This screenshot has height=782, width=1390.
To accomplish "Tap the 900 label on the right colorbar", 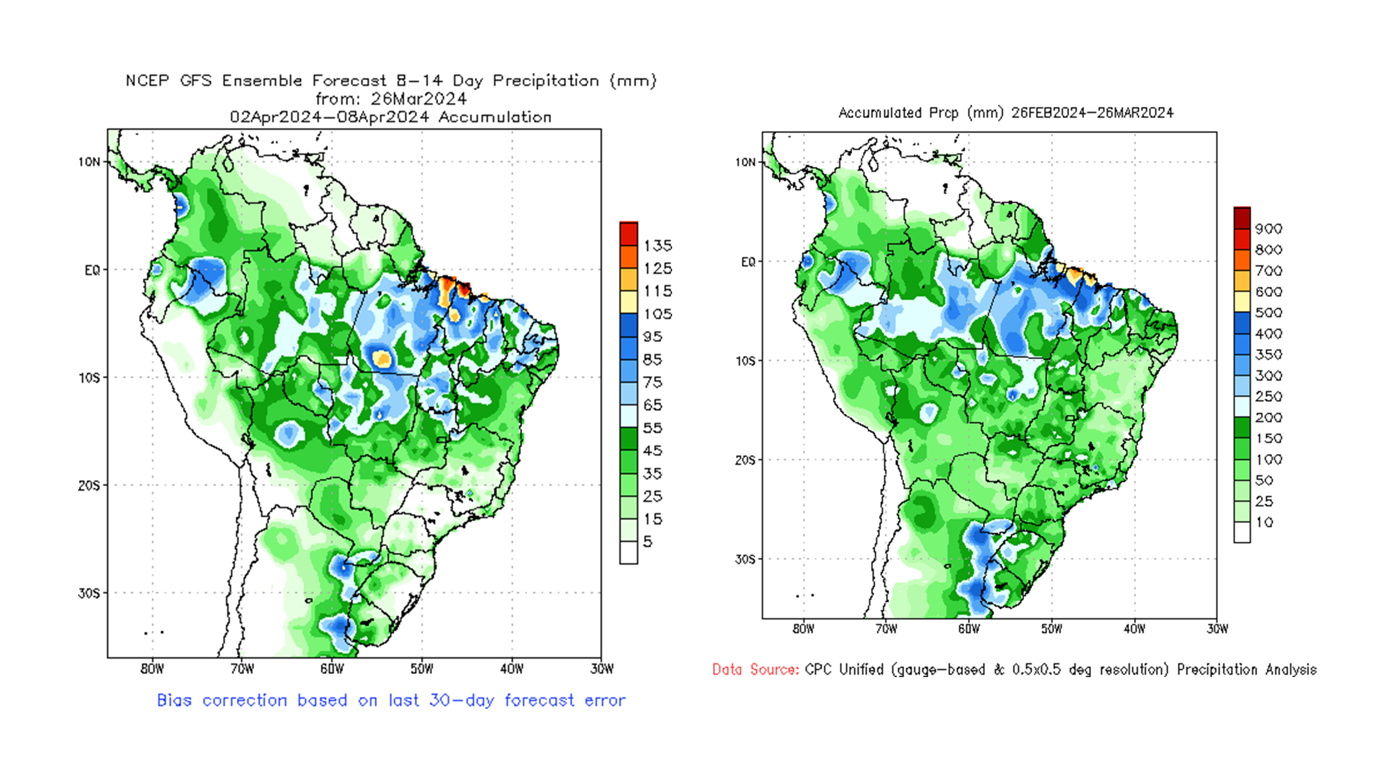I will pos(1268,229).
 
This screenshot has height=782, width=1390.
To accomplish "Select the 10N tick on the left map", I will pos(89,162).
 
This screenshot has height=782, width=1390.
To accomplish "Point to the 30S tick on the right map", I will pos(745,559).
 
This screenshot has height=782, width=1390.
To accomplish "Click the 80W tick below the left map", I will pos(152,669).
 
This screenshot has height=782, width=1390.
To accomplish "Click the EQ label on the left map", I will pos(92,270).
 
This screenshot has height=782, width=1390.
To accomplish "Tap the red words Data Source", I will pos(755,670).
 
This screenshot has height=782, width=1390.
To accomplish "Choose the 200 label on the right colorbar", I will pos(1268,418).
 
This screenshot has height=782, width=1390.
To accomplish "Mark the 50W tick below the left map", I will pos(422,669).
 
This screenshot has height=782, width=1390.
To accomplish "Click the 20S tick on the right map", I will pos(745,460).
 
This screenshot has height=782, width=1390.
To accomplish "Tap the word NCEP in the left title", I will pos(147,81).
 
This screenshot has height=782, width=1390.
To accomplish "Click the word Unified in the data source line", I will pos(861,670).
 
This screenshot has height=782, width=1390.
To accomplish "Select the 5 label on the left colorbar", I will pos(647,542).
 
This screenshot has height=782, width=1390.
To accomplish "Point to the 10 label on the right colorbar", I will pos(1264,522).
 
